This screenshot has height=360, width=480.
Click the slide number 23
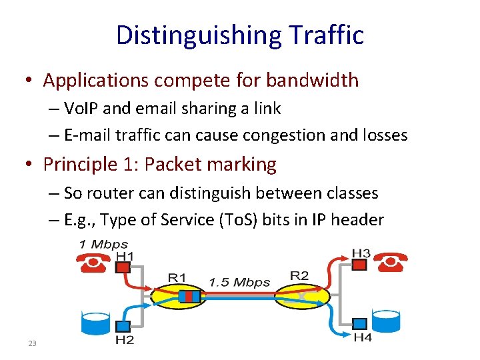31,343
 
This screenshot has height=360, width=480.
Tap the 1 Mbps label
104,245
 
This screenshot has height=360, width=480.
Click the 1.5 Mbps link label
239,282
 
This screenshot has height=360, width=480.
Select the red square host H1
122,267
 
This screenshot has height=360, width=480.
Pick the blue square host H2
123,326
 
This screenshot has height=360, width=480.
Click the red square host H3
359,265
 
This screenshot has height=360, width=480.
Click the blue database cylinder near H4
387,321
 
